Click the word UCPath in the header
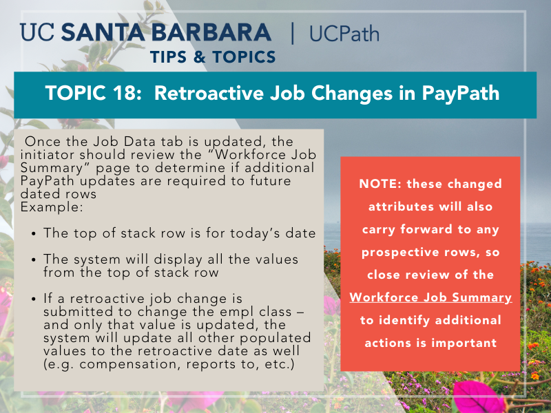(344, 34)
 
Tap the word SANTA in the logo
(103, 32)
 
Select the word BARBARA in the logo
(211, 32)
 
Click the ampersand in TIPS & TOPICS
(199, 57)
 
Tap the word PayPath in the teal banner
(460, 94)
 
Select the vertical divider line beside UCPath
(292, 33)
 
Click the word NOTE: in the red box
(380, 184)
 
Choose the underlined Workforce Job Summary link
(430, 297)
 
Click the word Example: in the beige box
(52, 207)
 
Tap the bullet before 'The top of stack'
(33, 234)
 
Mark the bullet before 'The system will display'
(33, 260)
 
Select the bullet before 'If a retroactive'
(33, 299)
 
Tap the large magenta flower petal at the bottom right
(478, 397)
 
